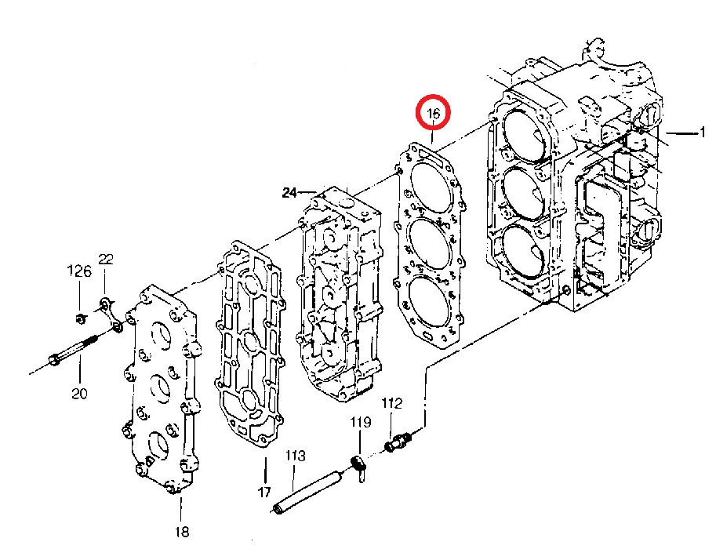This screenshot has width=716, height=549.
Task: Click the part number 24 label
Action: click(x=289, y=193)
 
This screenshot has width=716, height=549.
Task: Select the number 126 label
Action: click(x=79, y=271)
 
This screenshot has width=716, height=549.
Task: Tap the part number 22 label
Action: click(x=106, y=260)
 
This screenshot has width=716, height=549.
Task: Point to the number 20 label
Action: click(x=79, y=393)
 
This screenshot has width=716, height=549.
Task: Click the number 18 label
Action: click(x=182, y=532)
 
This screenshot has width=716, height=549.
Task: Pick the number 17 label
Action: click(x=264, y=492)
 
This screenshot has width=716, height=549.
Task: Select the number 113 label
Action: click(x=296, y=456)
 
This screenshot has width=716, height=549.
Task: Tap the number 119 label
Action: click(x=361, y=422)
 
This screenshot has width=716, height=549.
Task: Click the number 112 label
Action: click(x=392, y=403)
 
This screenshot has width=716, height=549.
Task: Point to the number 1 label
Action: click(x=703, y=133)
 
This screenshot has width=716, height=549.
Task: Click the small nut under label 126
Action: click(x=80, y=318)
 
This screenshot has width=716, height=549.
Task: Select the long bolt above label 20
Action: click(x=73, y=350)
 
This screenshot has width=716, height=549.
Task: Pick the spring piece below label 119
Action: click(x=359, y=469)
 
